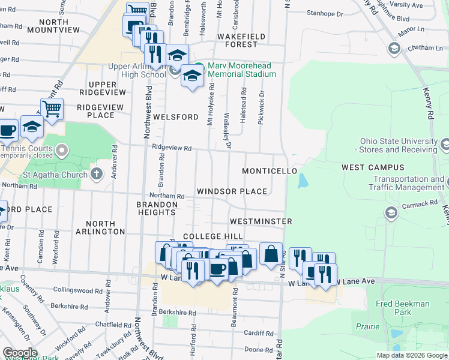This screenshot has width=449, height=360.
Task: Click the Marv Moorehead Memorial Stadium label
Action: [242, 70]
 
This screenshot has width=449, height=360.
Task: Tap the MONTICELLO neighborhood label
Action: [270, 171]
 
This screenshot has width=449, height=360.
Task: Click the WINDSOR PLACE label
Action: [232, 191]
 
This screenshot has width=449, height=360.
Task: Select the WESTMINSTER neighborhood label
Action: [261, 221]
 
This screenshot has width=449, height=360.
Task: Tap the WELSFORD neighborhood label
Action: [175, 117]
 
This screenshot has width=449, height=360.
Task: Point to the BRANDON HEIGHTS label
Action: [157, 208]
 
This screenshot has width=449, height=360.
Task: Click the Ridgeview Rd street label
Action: [172, 148]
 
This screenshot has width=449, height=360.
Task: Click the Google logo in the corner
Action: [20, 353]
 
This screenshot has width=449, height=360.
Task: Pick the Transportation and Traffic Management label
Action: [408, 184]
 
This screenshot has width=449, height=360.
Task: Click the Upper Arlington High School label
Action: [137, 71]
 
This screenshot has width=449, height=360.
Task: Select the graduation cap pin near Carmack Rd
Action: [391, 213]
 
